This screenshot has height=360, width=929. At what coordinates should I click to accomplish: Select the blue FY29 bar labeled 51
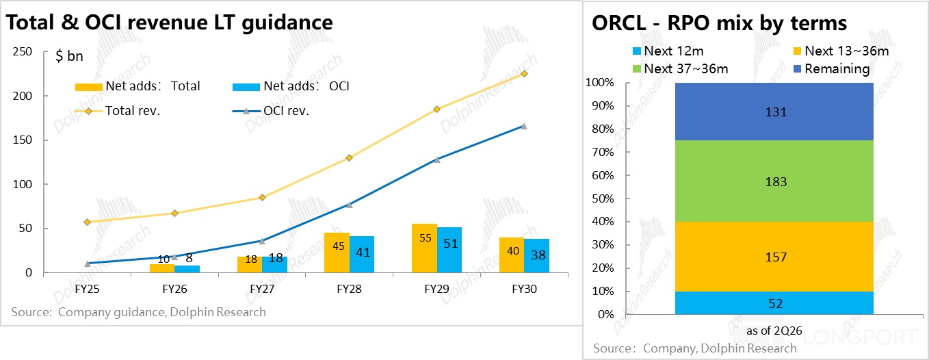click(x=449, y=250)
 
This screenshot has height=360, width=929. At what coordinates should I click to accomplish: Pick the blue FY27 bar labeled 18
click(x=274, y=264)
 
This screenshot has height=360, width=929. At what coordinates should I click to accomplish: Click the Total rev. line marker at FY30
click(x=524, y=73)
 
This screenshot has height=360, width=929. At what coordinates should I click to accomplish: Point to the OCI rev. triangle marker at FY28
click(x=349, y=205)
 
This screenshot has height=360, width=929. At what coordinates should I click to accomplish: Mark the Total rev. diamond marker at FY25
click(x=87, y=222)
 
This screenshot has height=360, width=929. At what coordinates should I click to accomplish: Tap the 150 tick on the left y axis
click(x=23, y=140)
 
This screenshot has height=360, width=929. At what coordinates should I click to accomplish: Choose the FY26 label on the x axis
click(x=174, y=290)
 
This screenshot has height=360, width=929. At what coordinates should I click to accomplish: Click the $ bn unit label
click(x=69, y=56)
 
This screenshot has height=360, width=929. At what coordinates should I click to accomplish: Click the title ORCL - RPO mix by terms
click(x=719, y=24)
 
